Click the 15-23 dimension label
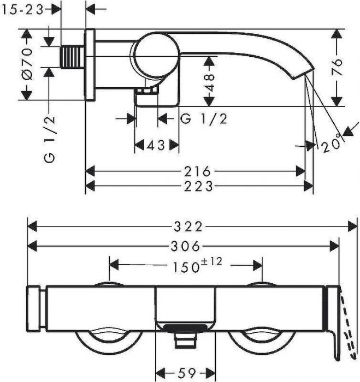click(x=22, y=10)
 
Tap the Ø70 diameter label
click(x=27, y=64)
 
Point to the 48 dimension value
click(x=209, y=83)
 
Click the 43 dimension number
click(x=156, y=146)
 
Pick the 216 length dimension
click(x=197, y=171)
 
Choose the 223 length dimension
click(x=198, y=187)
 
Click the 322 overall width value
click(x=188, y=226)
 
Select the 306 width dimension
click(x=185, y=246)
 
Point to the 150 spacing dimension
click(x=186, y=267)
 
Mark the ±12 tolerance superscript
click(x=212, y=261)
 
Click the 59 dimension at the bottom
click(x=187, y=372)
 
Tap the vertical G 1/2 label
click(x=50, y=139)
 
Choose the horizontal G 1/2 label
click(x=204, y=119)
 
